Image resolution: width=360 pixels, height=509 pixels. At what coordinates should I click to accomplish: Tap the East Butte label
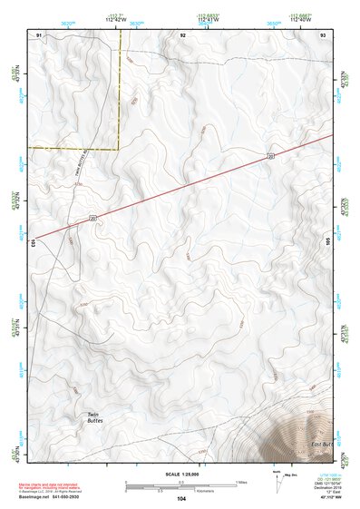323,444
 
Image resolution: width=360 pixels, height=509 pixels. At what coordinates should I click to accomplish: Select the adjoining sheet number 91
39,34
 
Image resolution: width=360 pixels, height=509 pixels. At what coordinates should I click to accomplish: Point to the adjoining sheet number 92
183,34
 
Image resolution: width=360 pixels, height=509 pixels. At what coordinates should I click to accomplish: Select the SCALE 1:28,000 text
181,474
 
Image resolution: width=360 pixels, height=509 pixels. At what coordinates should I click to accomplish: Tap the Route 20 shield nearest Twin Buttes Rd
92,216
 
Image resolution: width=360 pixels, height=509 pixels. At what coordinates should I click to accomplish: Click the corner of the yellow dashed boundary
120,148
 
